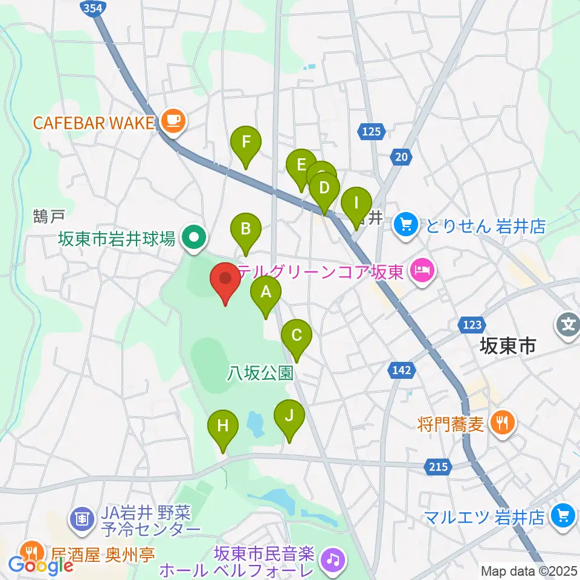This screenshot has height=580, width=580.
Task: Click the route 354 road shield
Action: (92, 7)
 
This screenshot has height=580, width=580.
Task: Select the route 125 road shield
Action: (371, 130)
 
